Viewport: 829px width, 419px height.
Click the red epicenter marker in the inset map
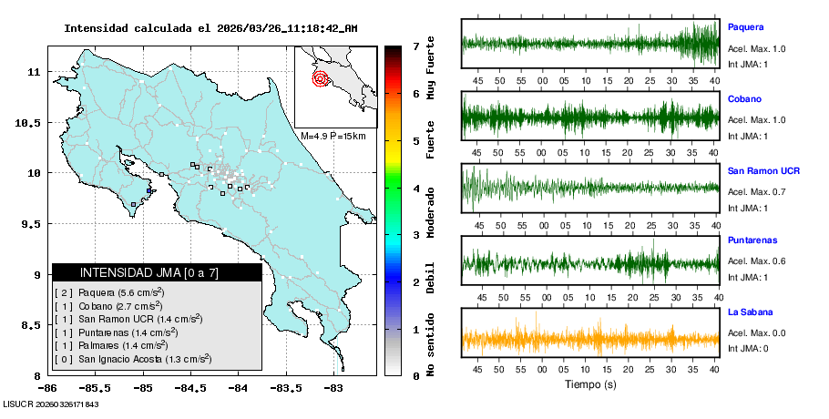(x=320, y=78)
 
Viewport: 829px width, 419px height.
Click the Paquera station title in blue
(x=745, y=27)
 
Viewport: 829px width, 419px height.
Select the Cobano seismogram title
(x=744, y=98)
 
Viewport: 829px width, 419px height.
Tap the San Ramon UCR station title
(x=763, y=170)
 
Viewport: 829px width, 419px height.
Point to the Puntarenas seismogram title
(x=751, y=240)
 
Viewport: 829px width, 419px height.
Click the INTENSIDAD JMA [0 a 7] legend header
(x=157, y=272)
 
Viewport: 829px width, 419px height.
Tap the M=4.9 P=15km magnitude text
(x=333, y=137)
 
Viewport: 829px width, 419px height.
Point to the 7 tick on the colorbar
(x=415, y=46)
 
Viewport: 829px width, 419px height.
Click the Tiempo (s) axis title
(x=590, y=383)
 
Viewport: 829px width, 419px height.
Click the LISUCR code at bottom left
(x=51, y=404)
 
